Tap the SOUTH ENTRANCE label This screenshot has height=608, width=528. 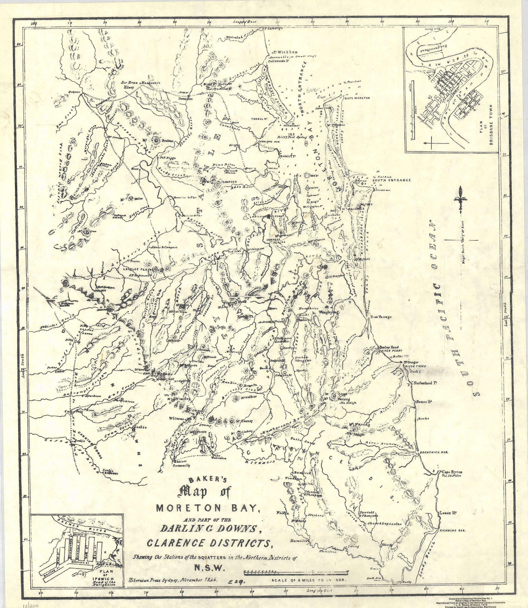pyautogui.click(x=392, y=180)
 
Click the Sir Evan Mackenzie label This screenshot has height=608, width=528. pyautogui.click(x=141, y=83)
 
